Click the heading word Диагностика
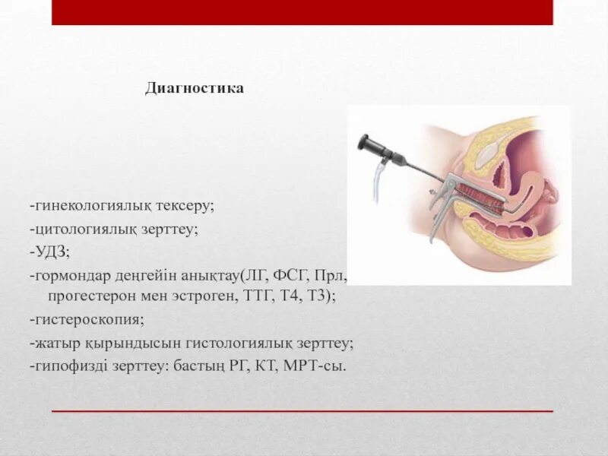195,89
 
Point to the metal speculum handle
436,217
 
